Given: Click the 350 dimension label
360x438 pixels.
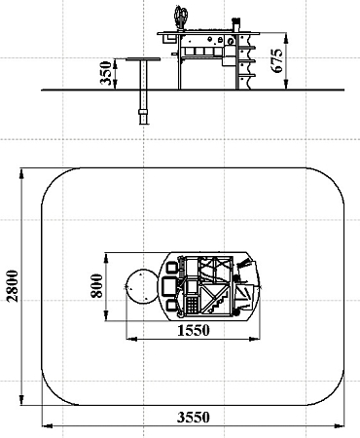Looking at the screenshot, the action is pos(106,73).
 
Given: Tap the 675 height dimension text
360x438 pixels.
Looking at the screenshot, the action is pos(277,60).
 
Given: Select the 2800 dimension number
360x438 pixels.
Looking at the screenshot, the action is pos(14,286).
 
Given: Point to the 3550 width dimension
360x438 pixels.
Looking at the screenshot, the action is pos(194,417).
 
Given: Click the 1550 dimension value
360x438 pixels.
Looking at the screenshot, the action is pos(194,330).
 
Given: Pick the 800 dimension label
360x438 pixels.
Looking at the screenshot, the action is pos(96,286).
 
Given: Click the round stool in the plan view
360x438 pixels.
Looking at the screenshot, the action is pos(142,286).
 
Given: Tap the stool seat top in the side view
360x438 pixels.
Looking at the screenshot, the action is pos(143,59).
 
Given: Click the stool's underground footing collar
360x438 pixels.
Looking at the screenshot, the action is pos(143,112).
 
